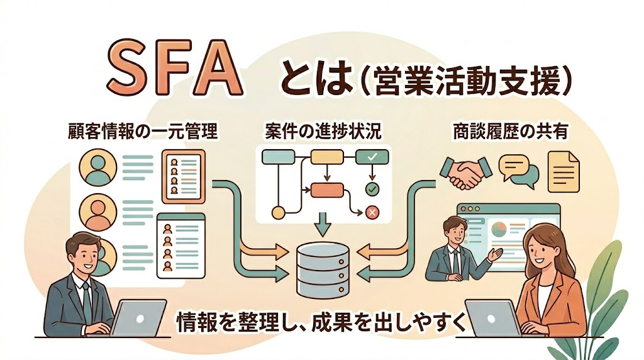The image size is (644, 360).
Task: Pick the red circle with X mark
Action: (371, 213)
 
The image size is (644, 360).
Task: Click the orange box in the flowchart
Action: (325, 189)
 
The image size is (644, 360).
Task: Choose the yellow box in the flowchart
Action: (326, 157)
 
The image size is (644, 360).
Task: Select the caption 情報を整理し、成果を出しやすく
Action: (321, 322)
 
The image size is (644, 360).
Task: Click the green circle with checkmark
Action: (371, 188)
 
